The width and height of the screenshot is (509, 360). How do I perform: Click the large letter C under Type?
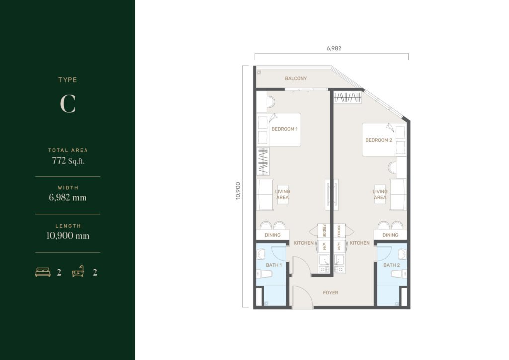click(x=68, y=104)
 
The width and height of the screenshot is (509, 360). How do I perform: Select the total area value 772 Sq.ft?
click(x=68, y=161)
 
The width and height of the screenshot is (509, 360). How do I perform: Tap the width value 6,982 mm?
click(x=68, y=198)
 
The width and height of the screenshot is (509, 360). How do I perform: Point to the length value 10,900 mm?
click(x=68, y=235)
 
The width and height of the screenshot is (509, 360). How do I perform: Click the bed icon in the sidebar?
click(x=43, y=272)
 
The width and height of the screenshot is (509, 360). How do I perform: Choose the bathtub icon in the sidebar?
click(x=78, y=271)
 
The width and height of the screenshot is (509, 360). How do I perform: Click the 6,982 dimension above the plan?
click(x=334, y=48)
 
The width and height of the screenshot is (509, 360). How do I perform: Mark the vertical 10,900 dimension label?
click(x=238, y=191)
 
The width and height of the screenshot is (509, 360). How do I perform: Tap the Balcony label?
click(x=296, y=78)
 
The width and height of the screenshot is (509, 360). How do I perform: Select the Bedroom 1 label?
click(x=285, y=129)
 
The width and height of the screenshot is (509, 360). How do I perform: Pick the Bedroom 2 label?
click(x=379, y=140)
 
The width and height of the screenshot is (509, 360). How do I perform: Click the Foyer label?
click(x=330, y=293)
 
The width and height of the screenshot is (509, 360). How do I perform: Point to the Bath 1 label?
click(x=274, y=265)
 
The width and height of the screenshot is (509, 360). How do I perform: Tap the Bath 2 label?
click(x=392, y=265)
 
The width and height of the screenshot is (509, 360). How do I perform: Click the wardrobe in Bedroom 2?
click(x=347, y=97)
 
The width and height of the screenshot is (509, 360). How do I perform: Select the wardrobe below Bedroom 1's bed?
click(x=263, y=161)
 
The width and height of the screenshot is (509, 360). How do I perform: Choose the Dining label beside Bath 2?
click(x=390, y=235)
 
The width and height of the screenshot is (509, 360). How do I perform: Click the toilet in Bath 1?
click(x=264, y=274)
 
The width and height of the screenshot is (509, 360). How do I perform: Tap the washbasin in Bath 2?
click(x=402, y=254)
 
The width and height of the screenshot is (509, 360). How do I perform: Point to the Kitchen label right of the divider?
click(x=360, y=243)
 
